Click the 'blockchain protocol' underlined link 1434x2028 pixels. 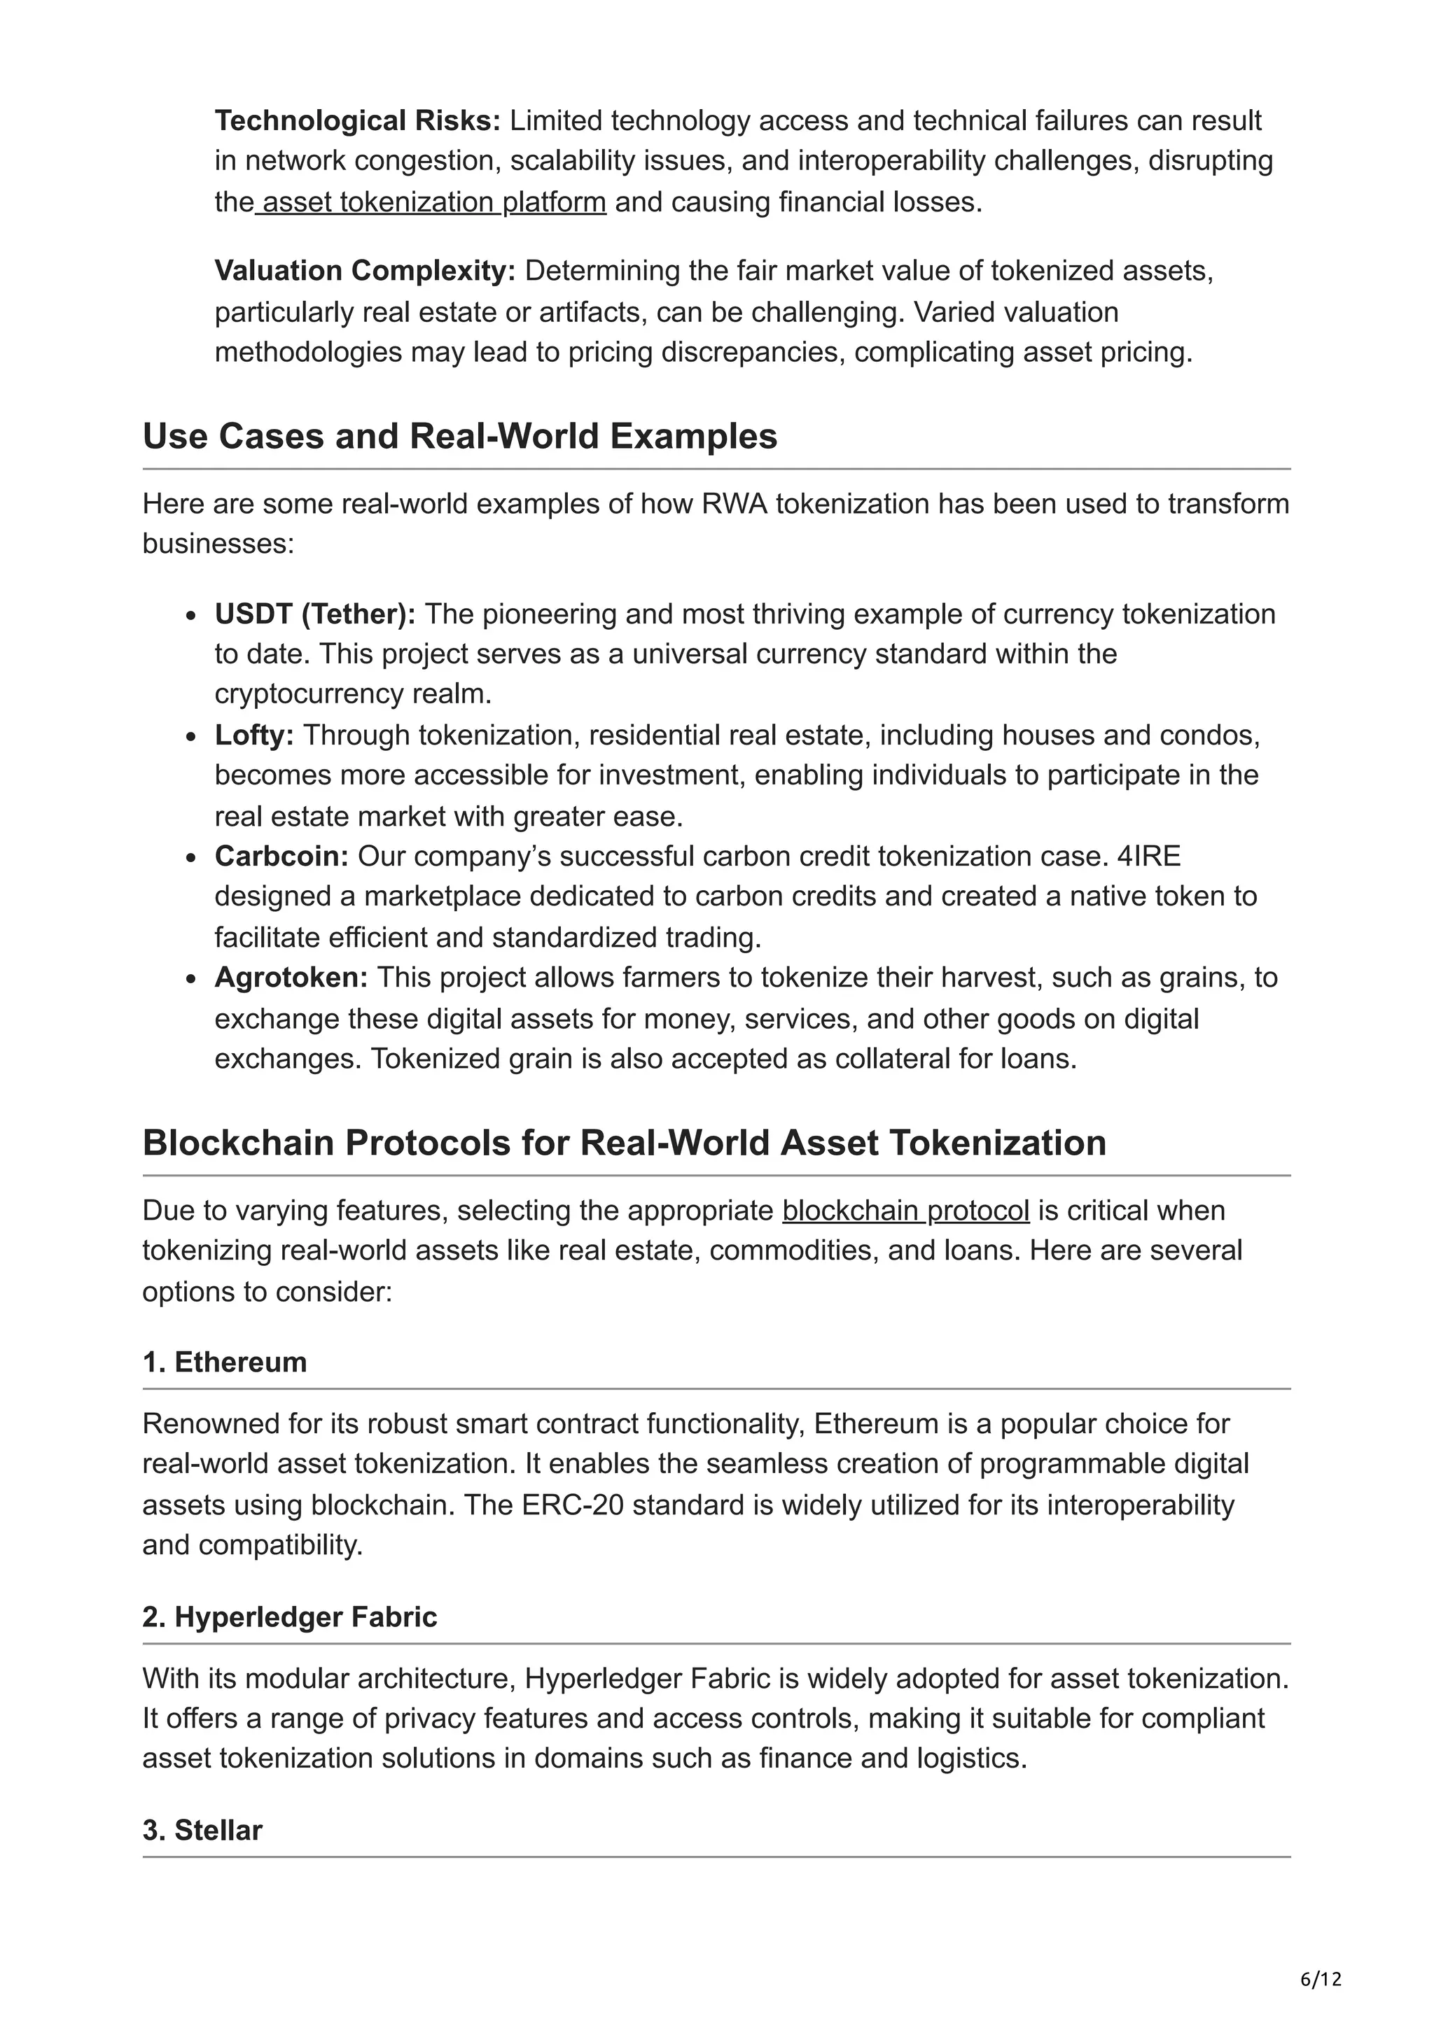click(x=905, y=1210)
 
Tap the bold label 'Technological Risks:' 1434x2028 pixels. click(x=358, y=120)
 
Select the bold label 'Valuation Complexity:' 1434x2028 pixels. click(x=365, y=271)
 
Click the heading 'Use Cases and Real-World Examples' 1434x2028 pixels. click(x=459, y=437)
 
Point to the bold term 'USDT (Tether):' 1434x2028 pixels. click(x=314, y=614)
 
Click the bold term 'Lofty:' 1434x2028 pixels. click(x=254, y=735)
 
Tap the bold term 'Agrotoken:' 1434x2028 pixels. click(x=291, y=978)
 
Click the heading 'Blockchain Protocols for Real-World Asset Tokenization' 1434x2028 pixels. click(x=624, y=1143)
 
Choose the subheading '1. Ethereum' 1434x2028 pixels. click(x=225, y=1362)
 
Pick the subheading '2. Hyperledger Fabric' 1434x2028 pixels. click(x=290, y=1617)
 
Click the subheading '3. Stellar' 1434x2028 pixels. click(x=202, y=1830)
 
